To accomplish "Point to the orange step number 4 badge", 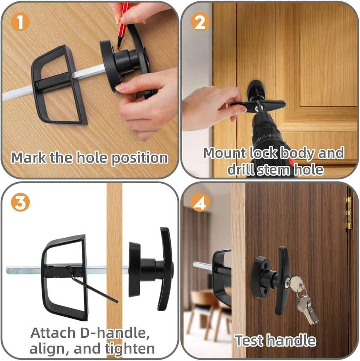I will pyautogui.click(x=200, y=203).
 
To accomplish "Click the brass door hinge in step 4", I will pyautogui.click(x=348, y=213).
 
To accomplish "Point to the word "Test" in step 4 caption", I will pyautogui.click(x=248, y=341).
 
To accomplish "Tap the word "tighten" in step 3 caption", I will pyautogui.click(x=130, y=349).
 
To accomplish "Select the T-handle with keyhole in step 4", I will pyautogui.click(x=283, y=280).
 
